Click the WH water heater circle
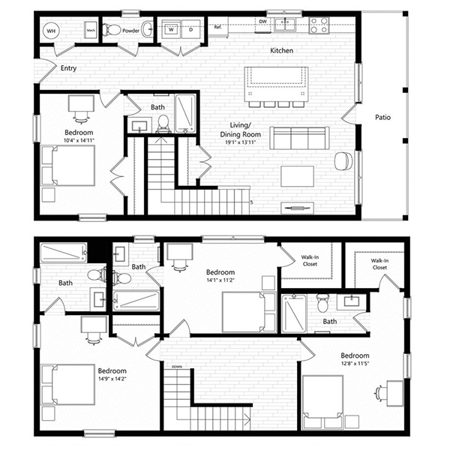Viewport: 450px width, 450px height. (x=52, y=31)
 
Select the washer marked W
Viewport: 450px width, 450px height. (x=172, y=30)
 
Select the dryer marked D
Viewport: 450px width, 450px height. (x=190, y=30)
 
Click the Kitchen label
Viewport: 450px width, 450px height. (x=281, y=50)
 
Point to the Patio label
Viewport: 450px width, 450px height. (x=382, y=117)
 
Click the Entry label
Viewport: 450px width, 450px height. (x=68, y=67)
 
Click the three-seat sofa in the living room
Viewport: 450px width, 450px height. (x=298, y=138)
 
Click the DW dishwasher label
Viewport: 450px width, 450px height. (x=263, y=22)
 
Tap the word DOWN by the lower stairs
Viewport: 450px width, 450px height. (x=176, y=367)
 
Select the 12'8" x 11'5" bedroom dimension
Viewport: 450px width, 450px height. (x=354, y=364)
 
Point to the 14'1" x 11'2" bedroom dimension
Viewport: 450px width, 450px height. (x=220, y=281)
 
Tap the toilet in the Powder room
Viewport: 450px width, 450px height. (x=113, y=30)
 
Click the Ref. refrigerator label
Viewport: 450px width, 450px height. (x=218, y=27)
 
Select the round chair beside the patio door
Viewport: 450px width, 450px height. (x=343, y=160)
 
